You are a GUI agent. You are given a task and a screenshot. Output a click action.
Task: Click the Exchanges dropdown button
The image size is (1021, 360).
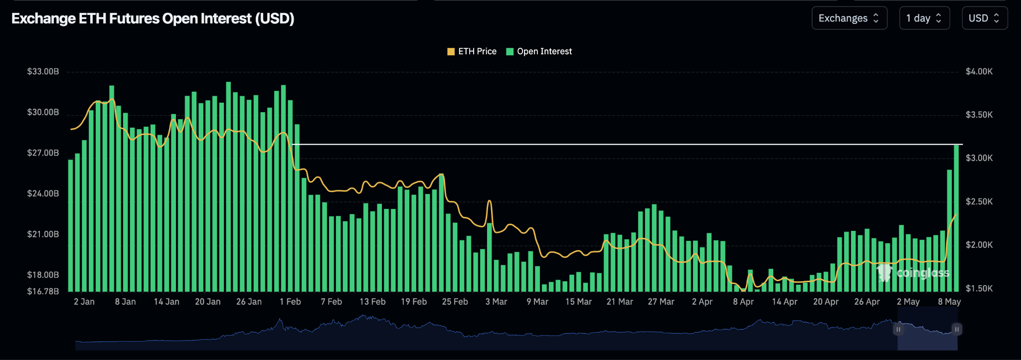tap(849, 18)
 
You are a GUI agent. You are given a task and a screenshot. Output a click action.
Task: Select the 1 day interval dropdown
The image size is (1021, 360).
tap(924, 18)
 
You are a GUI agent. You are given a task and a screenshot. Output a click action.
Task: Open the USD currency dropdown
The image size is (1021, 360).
tap(984, 18)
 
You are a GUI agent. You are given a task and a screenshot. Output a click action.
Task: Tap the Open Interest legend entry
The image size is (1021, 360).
tap(539, 51)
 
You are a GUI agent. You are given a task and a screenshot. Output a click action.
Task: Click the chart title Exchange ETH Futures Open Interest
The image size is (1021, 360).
tap(153, 18)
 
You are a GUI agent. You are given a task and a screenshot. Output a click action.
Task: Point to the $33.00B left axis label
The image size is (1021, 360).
tap(43, 71)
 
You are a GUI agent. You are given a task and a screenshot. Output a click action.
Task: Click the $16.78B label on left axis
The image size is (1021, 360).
tap(43, 291)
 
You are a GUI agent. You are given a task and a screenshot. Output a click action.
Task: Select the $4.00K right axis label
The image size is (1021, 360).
tap(979, 71)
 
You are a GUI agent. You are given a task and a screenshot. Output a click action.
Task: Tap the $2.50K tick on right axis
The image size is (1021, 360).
tap(979, 201)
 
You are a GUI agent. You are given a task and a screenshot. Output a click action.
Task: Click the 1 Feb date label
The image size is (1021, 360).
tap(290, 302)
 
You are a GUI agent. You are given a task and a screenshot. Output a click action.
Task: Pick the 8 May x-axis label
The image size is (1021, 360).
tap(949, 302)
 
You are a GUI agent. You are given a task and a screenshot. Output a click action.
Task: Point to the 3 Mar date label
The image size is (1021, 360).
tap(496, 302)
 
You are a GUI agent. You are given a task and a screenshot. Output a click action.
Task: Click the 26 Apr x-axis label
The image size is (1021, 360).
tap(866, 302)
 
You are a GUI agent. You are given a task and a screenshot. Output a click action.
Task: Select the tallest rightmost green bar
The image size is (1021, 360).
tap(956, 219)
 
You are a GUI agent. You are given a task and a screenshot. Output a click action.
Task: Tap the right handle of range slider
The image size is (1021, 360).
tap(956, 329)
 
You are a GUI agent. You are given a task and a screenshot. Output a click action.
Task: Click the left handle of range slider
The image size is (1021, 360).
tap(898, 329)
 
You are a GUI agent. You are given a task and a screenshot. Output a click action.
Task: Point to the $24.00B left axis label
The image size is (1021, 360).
tap(43, 193)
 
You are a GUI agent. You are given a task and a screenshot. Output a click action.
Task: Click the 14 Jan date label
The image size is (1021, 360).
tap(167, 302)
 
